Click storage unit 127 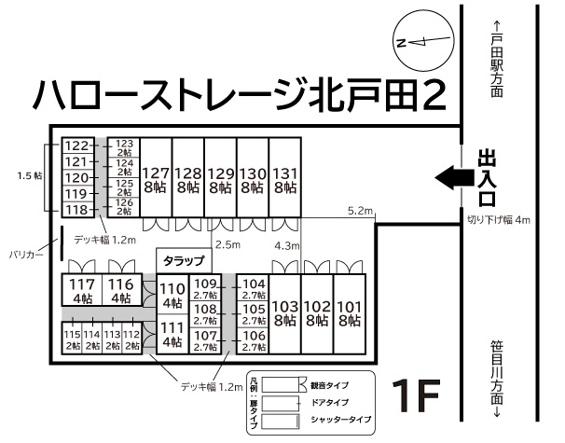pyautogui.click(x=156, y=178)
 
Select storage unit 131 pyautogui.click(x=285, y=178)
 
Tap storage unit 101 pyautogui.click(x=350, y=312)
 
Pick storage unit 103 pyautogui.click(x=284, y=312)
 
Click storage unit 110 pyautogui.click(x=172, y=297)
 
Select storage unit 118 pyautogui.click(x=76, y=209)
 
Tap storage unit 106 pyautogui.click(x=254, y=340)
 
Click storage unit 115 pyautogui.click(x=72, y=339)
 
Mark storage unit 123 pyautogui.click(x=124, y=147)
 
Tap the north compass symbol pyautogui.click(x=416, y=42)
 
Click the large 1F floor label pyautogui.click(x=414, y=396)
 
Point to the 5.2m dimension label pyautogui.click(x=360, y=211)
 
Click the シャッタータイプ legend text pyautogui.click(x=338, y=422)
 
